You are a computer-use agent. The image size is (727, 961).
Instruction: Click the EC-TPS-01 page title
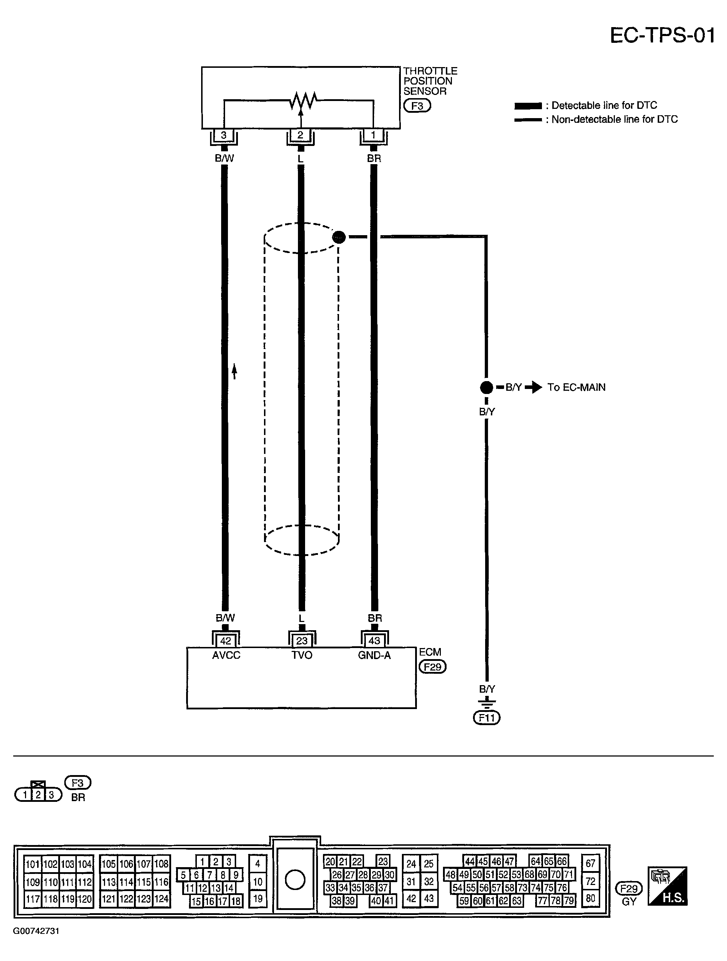662,35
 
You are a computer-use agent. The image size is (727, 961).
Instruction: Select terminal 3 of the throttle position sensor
224,135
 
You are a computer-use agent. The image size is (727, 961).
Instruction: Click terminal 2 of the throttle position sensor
300,135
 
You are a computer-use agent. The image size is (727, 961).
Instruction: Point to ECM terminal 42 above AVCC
226,641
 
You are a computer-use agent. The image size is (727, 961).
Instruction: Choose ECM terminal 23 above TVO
302,641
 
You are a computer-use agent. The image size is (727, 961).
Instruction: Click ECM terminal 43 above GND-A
374,641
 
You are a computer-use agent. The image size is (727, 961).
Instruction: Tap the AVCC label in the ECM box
226,655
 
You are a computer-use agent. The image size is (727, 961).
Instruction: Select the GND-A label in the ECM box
374,655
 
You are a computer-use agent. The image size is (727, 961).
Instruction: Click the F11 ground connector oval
487,718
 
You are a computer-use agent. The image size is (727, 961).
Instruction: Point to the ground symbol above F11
487,703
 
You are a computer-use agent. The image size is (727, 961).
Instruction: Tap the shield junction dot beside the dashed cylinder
339,237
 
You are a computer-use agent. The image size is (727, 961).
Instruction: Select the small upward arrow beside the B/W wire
234,371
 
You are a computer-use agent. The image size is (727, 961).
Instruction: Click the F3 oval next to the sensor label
417,106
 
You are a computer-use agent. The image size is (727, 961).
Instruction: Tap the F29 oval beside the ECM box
432,667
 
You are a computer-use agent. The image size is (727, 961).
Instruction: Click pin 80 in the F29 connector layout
591,898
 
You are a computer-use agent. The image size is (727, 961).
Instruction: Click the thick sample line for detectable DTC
528,106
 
